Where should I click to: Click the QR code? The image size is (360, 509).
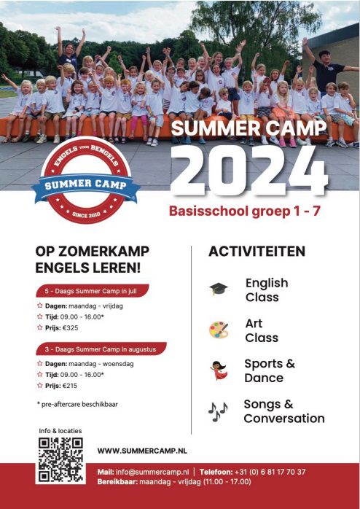click(60, 459)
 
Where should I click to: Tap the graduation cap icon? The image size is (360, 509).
click(219, 289)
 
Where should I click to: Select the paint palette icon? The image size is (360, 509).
click(219, 330)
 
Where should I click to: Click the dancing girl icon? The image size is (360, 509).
click(219, 370)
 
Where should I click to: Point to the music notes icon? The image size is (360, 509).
click(218, 411)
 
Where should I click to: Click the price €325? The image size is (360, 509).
click(71, 328)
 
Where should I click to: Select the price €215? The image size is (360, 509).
click(70, 386)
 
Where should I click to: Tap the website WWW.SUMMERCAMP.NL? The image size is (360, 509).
click(142, 451)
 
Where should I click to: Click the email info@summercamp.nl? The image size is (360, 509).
click(152, 472)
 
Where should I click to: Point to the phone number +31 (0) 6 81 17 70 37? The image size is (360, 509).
click(270, 472)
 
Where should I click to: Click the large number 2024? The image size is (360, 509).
click(249, 171)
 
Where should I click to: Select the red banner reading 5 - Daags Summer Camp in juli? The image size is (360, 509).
click(93, 291)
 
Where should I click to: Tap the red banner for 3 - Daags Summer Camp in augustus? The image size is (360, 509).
click(101, 349)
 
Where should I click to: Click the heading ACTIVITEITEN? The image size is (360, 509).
click(257, 252)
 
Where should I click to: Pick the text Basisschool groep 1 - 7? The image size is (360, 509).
click(245, 211)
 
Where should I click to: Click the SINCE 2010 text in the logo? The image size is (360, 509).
click(86, 214)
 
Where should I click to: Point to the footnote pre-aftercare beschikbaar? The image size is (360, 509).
click(77, 405)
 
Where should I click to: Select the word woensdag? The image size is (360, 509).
click(118, 364)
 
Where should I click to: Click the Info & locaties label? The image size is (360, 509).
click(60, 431)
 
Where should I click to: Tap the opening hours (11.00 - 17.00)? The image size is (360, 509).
click(227, 481)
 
